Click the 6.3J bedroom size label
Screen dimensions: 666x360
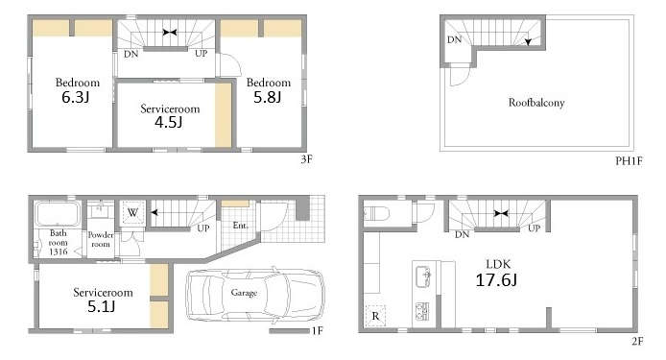(76, 97)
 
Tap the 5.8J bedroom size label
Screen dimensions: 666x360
(267, 97)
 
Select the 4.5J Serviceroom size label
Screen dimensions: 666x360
(169, 123)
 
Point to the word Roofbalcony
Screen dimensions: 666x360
(536, 103)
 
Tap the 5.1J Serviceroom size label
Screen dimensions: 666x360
(101, 306)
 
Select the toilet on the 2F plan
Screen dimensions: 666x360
(376, 213)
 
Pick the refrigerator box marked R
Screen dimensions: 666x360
(375, 316)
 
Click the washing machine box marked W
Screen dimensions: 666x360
(132, 212)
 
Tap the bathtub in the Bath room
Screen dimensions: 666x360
(58, 214)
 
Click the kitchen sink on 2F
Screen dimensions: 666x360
(423, 276)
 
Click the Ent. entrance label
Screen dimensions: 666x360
(241, 226)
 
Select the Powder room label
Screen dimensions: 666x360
(101, 239)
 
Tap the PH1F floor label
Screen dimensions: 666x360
(629, 161)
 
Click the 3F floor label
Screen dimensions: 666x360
(307, 159)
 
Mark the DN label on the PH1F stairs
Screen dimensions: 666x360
(454, 39)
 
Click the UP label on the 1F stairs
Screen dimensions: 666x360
(203, 228)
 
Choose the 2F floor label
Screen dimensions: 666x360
(637, 341)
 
